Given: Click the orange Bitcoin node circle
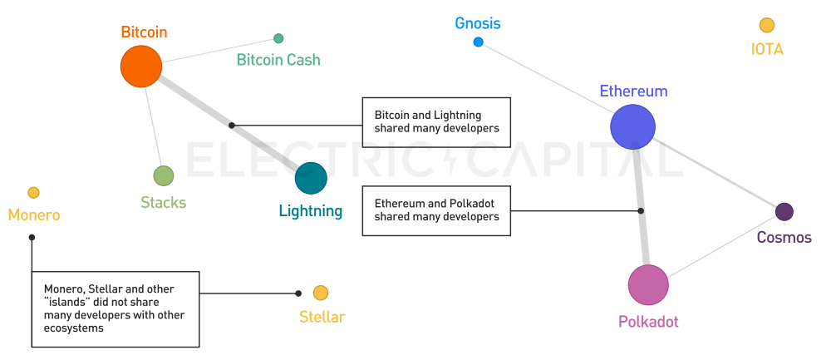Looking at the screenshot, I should click(140, 67).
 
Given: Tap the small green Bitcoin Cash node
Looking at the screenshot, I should click(278, 38).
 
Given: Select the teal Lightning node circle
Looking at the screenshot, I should click(311, 178).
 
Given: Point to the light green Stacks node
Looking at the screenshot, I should click(164, 175).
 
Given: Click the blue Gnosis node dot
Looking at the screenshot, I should click(478, 42).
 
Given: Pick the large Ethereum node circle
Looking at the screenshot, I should click(633, 127).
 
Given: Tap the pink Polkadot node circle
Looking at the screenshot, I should click(648, 285).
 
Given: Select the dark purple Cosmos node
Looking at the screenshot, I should click(784, 212).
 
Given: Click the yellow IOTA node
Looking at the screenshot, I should click(767, 26).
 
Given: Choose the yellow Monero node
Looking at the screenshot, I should click(33, 193).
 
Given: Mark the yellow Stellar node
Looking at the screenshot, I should click(321, 293).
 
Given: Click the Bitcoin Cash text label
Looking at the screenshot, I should click(278, 60).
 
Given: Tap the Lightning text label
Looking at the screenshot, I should click(311, 211).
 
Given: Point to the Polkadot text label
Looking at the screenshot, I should click(648, 322).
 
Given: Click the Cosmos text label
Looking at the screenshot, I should click(784, 238).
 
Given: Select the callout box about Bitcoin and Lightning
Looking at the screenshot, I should click(436, 122).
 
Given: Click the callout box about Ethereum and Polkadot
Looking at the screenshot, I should click(436, 210).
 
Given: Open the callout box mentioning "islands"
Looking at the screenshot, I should click(115, 308).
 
